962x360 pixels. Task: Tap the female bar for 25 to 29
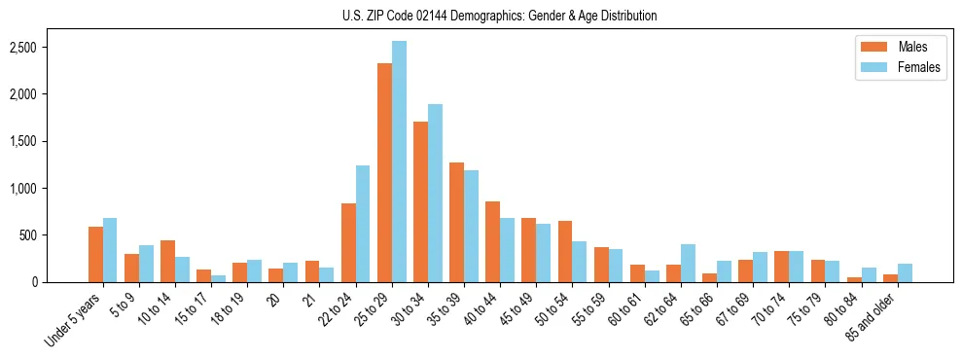[399, 162]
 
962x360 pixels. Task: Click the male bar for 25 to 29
[384, 173]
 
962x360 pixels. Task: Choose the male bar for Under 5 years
[95, 255]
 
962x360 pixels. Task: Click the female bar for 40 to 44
[507, 250]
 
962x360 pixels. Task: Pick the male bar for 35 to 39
[456, 223]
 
